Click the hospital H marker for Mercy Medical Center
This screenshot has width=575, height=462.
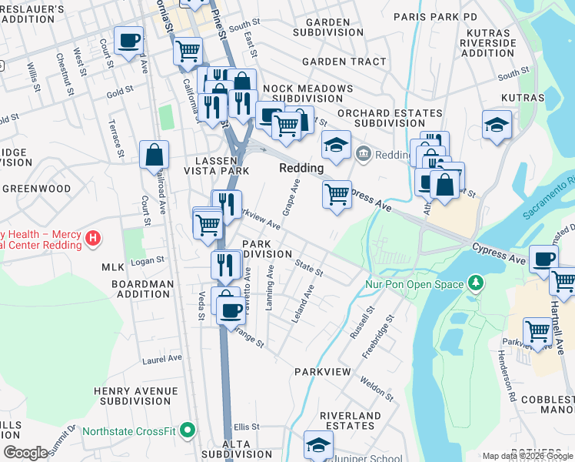coord(92,238)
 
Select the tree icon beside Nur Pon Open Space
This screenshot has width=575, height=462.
coord(476,284)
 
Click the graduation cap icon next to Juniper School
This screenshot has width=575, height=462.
coord(318,445)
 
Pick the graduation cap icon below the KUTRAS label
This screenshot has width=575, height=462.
coord(497,124)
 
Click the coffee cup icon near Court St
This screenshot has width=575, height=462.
coord(128,39)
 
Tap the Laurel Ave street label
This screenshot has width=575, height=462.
coord(162,358)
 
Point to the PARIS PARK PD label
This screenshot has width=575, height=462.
coord(435,16)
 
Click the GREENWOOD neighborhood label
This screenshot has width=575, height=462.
coord(36,189)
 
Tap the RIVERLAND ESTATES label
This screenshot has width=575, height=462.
coord(351,420)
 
